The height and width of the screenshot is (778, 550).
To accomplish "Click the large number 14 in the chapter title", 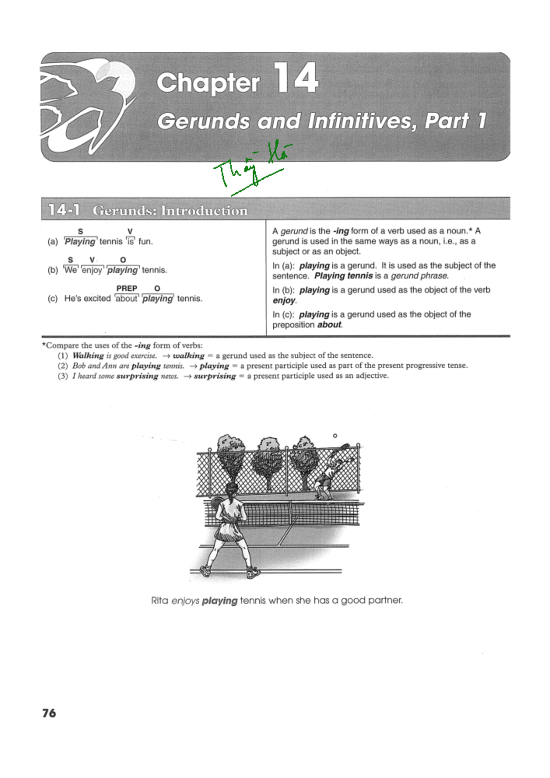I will (296, 78).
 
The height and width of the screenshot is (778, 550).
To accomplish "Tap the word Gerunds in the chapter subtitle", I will (203, 121).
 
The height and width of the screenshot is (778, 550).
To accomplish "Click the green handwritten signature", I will (252, 170).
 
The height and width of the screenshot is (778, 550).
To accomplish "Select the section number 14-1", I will (64, 210).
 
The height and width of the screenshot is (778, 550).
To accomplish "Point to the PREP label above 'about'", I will (126, 288).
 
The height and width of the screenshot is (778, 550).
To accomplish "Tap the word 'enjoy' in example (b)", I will (92, 270).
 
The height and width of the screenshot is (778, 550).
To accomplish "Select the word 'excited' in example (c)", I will (97, 298).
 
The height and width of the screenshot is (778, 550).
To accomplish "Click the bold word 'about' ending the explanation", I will (329, 325).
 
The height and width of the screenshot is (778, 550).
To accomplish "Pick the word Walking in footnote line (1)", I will (88, 355).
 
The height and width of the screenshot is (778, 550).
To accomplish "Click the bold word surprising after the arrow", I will (214, 376).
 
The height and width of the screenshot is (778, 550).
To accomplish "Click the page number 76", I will (49, 713).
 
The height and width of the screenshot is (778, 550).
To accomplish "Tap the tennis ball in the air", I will (335, 436).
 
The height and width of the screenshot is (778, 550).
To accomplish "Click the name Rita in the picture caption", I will (159, 600).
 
